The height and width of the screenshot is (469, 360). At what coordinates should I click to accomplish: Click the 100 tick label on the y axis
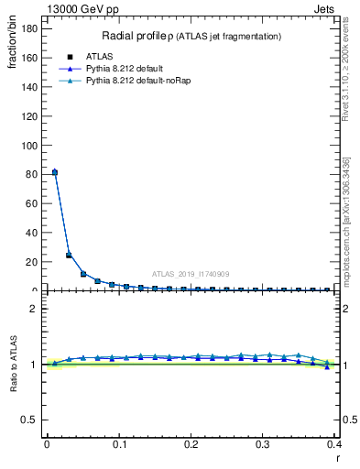click(x=29, y=145)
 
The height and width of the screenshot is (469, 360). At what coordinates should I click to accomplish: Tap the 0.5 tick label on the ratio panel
click(x=30, y=420)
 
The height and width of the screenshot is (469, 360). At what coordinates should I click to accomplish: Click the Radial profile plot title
click(x=191, y=36)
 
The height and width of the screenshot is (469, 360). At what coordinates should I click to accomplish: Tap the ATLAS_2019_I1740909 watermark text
click(x=190, y=274)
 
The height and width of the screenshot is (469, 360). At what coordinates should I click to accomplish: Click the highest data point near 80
click(x=55, y=172)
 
